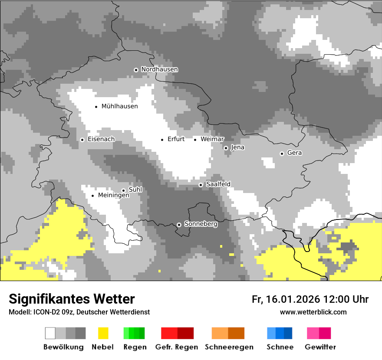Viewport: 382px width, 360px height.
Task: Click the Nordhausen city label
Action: click(x=159, y=69)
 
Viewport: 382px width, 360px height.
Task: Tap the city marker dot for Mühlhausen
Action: click(x=96, y=106)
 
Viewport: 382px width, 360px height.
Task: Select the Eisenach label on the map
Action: click(x=101, y=139)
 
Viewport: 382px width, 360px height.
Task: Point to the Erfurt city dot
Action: click(x=162, y=140)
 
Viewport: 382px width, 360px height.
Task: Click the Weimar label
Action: click(x=212, y=139)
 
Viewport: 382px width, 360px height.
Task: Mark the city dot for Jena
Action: click(x=226, y=148)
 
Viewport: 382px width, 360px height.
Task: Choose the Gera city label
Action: click(x=294, y=153)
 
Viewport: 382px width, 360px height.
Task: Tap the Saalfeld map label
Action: click(x=218, y=184)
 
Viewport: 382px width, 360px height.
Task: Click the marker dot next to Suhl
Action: click(x=123, y=190)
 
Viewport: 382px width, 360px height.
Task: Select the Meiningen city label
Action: click(x=114, y=196)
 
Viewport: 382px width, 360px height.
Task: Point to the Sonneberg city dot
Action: click(x=179, y=225)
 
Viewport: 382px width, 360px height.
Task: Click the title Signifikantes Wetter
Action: click(x=72, y=299)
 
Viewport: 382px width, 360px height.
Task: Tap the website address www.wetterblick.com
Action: click(x=313, y=312)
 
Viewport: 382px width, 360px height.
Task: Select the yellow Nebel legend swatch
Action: click(x=103, y=333)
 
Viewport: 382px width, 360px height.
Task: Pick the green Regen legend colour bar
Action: click(x=134, y=333)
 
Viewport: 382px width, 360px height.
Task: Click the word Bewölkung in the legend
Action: click(x=63, y=347)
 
